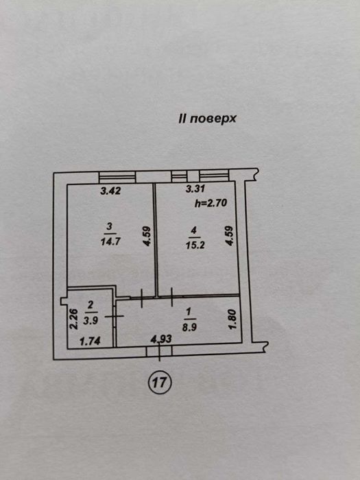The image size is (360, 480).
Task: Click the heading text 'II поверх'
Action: tap(207, 119)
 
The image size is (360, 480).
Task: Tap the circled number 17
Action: tap(160, 382)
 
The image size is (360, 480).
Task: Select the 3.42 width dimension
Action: tap(111, 191)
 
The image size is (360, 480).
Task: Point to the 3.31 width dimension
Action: tap(195, 189)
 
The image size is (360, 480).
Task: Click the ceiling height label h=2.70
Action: tap(211, 203)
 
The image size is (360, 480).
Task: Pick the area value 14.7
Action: tap(110, 241)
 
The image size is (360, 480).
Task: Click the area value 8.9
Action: tap(189, 328)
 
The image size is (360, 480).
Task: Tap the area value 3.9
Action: tap(91, 320)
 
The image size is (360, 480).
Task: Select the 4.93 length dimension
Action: tap(161, 339)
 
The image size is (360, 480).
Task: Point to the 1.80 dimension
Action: tap(232, 320)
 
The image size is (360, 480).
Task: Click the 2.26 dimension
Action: tap(73, 319)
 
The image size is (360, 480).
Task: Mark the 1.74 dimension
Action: tap(90, 341)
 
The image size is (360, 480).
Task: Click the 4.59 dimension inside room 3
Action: tap(147, 236)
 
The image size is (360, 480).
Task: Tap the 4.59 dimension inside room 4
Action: tap(230, 235)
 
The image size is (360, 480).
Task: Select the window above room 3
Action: tap(117, 177)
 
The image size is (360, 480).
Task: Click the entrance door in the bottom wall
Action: tap(159, 351)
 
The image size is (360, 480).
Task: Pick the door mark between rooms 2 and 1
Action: tap(115, 316)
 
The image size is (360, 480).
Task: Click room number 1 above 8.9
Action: tap(189, 312)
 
